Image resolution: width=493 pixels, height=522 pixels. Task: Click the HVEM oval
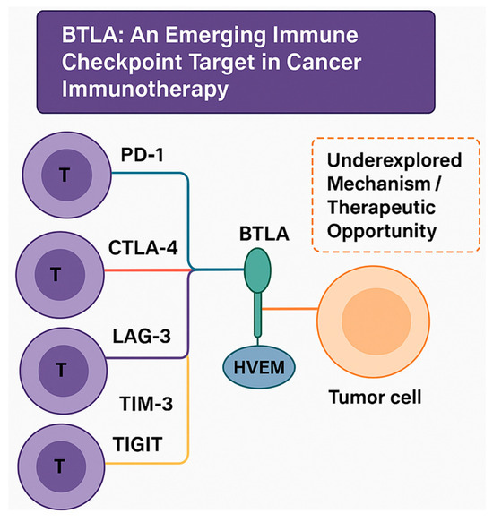click(x=258, y=368)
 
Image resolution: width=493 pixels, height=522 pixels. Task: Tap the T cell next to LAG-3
click(x=60, y=366)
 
